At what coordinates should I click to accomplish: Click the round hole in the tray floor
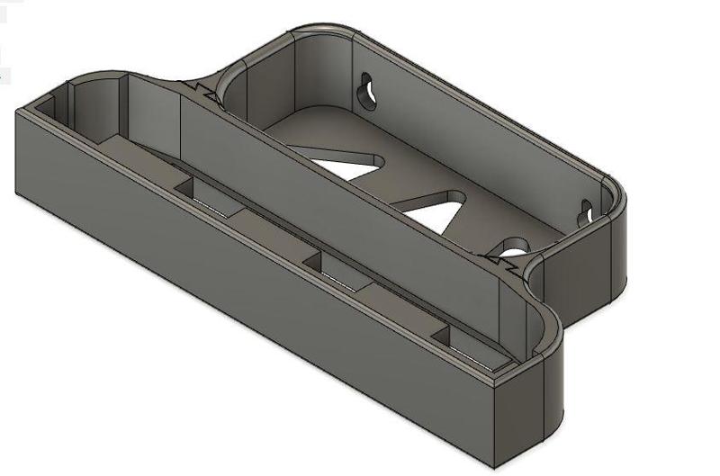[x=516, y=245]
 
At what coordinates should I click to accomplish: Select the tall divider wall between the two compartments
[x=342, y=207]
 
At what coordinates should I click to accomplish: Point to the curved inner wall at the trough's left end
[x=85, y=103]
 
